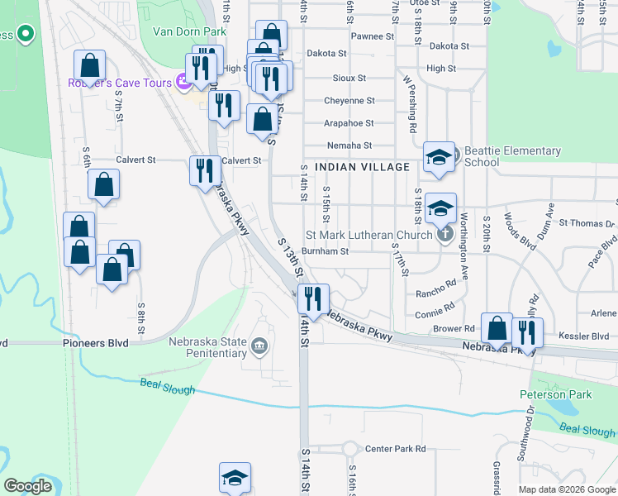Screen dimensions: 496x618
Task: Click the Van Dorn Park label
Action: coord(189,31)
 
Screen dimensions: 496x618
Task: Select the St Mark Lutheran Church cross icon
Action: coord(445,235)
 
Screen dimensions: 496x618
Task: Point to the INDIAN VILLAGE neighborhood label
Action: coord(363,167)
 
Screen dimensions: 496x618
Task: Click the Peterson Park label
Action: coord(555,394)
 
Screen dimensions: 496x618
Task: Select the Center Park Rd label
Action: coord(396,449)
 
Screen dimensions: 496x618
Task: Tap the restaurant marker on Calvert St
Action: coord(206,170)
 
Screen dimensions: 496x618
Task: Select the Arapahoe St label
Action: coord(349,123)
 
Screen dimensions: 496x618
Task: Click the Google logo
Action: coord(28,486)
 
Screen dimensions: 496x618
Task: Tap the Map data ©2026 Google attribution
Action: coord(567,489)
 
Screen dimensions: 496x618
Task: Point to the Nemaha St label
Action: coord(350,145)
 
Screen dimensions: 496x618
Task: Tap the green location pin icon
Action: coord(25,35)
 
